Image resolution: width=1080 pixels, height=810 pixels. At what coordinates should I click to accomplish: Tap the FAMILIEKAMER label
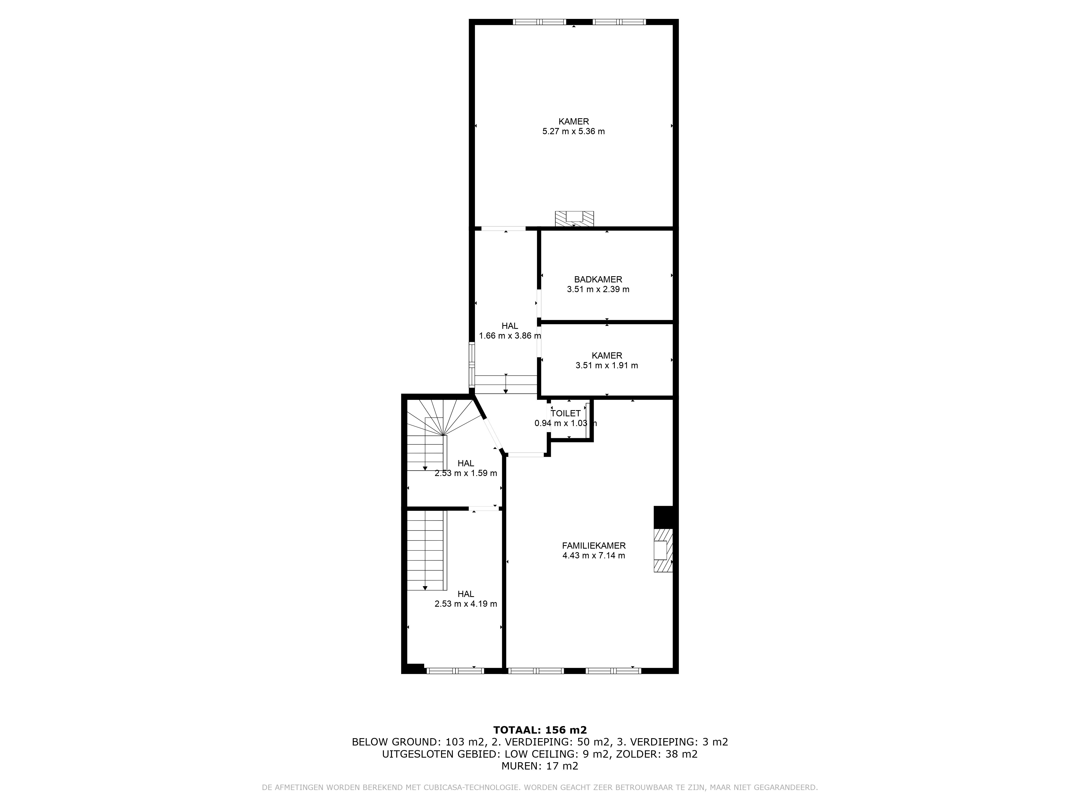[x=594, y=546]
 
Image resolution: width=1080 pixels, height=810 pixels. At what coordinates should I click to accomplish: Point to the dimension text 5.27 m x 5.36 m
[x=574, y=131]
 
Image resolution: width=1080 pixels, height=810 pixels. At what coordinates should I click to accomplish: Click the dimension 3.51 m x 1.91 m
[x=607, y=365]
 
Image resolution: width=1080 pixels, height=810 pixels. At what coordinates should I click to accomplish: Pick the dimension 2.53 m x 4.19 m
[x=466, y=604]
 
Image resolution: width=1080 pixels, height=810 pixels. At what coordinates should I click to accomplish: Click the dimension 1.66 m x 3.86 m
[x=510, y=336]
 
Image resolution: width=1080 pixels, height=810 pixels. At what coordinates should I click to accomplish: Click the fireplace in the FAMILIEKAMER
[x=663, y=550]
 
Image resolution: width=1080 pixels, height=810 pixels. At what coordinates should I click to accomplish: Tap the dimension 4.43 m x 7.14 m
[x=594, y=556]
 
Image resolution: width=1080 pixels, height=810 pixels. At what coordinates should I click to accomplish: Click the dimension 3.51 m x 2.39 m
[x=598, y=289]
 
